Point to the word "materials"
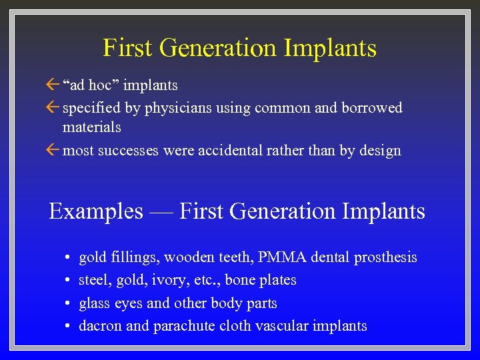(92, 126)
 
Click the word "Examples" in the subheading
(96, 211)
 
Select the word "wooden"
(189, 257)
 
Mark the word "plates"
(275, 280)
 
